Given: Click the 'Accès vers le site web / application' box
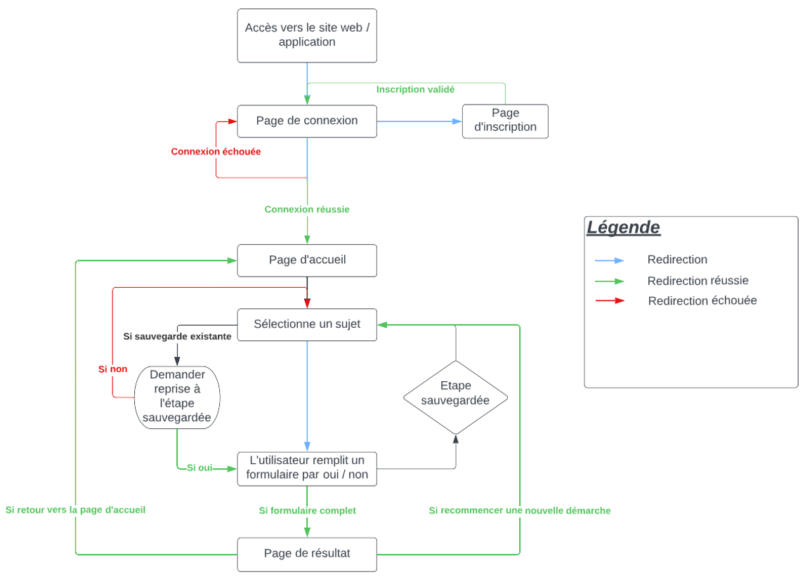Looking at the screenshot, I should [307, 36].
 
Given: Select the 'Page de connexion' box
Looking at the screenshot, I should [307, 121].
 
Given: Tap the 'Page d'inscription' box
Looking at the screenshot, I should [505, 121].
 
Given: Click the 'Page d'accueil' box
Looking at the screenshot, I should [307, 260].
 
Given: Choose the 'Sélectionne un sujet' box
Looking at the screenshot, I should [307, 324].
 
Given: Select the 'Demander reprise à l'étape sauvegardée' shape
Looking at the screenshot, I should [177, 396].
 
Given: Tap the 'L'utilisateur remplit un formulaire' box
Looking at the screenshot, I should [307, 468].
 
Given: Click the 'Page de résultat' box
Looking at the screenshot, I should [307, 554].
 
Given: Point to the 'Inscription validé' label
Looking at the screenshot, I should [415, 90].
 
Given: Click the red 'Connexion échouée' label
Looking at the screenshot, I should [216, 152].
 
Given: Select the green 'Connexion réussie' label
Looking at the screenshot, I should [307, 210].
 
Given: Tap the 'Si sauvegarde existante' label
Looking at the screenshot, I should [177, 337].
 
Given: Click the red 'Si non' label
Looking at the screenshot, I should [112, 369].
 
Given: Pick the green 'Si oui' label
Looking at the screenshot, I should [199, 468].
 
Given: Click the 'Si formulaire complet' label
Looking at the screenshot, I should [307, 511].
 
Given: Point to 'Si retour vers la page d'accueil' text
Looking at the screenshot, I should [75, 510].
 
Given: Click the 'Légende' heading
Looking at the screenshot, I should [623, 227].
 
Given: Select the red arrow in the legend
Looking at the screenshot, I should [609, 300].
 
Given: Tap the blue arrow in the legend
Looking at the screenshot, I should [609, 260].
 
